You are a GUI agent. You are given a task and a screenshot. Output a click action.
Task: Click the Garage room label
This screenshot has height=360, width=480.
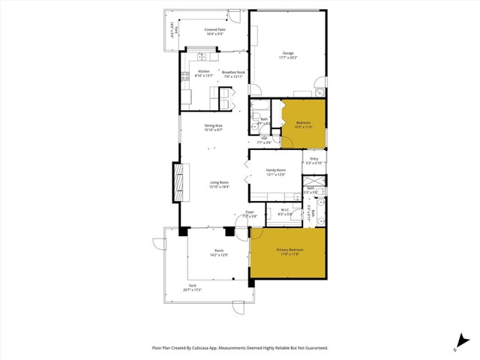(x=288, y=53)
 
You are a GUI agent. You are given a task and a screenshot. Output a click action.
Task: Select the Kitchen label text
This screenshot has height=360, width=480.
(x=205, y=72)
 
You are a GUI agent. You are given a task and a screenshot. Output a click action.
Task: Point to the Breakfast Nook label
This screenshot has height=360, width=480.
(x=234, y=72)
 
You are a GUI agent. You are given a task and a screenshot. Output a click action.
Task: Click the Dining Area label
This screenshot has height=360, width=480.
(x=214, y=126)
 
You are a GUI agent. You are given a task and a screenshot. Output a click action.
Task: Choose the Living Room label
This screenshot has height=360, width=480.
(x=218, y=182)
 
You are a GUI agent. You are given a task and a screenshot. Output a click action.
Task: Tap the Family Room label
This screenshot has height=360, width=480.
(x=276, y=170)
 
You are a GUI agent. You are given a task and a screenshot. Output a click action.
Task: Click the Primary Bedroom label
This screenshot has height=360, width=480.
(x=288, y=250)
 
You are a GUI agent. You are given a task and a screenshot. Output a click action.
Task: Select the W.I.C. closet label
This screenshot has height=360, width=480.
(x=286, y=210)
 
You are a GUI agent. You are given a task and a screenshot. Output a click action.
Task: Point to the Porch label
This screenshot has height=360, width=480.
(x=219, y=250)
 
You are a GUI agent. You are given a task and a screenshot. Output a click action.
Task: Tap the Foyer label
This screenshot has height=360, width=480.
(x=250, y=213)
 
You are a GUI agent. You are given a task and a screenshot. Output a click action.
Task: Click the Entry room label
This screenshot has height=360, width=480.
(x=313, y=159)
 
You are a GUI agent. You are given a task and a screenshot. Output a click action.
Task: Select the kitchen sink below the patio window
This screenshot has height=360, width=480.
(x=202, y=57)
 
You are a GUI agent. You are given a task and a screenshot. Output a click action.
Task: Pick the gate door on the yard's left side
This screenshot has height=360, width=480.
(x=159, y=244)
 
